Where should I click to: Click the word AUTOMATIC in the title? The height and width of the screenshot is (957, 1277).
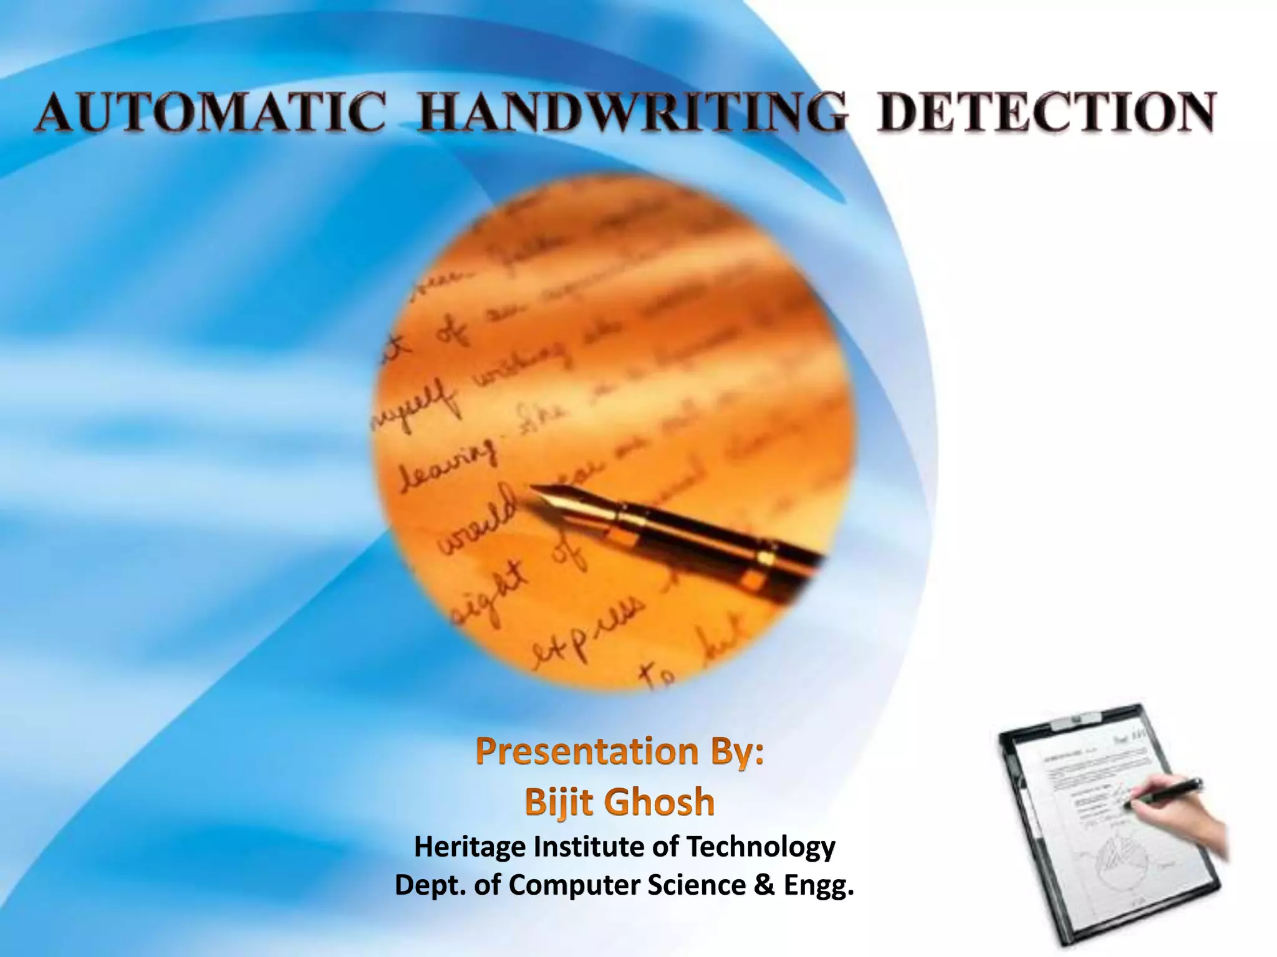210,114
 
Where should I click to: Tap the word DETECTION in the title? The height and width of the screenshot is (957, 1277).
1045,114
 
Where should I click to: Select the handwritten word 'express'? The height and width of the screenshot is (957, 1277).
584,629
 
